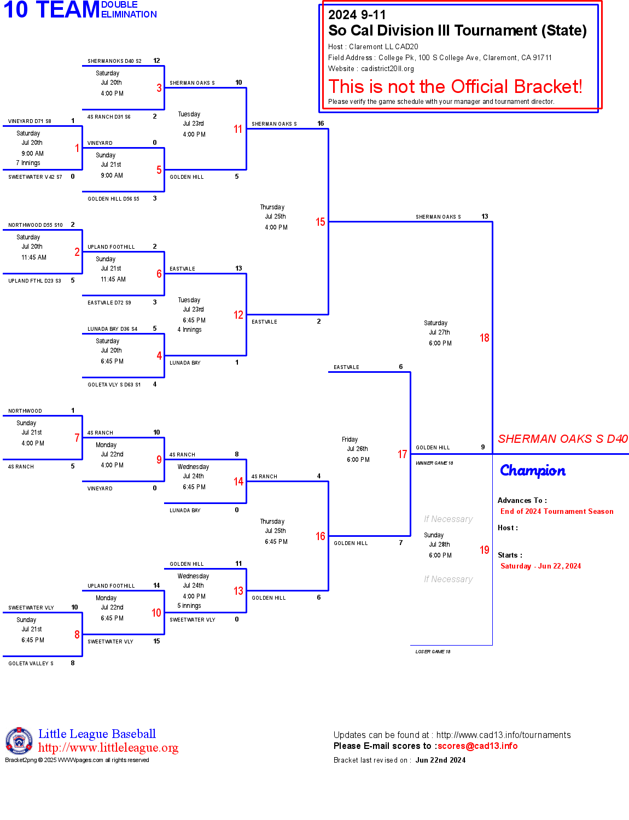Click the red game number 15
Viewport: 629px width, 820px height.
pos(320,222)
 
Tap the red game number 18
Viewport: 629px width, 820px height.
pos(484,338)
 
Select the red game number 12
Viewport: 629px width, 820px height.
pos(238,315)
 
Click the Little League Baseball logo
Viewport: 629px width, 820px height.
pos(19,741)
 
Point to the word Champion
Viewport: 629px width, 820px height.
pos(533,471)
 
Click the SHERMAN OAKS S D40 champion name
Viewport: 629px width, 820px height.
pos(562,439)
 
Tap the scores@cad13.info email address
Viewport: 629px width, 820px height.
pos(477,746)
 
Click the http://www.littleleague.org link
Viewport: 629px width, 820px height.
pos(108,747)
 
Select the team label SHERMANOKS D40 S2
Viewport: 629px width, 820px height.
pos(114,61)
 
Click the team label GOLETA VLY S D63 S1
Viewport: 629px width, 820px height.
pos(114,385)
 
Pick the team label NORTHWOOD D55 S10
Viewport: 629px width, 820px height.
pos(36,225)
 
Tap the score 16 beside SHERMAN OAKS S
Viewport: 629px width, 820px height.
pos(321,124)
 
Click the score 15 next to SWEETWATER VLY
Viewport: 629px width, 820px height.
pos(156,641)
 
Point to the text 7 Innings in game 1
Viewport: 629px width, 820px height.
pos(28,163)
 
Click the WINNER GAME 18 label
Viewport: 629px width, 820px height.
pos(434,463)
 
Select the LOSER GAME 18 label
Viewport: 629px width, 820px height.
pos(433,652)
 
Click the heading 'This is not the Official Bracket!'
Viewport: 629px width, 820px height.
pos(455,86)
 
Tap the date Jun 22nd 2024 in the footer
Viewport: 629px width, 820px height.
pos(440,760)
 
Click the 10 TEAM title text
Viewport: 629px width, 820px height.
pos(51,10)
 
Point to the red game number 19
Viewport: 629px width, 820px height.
pos(484,550)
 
